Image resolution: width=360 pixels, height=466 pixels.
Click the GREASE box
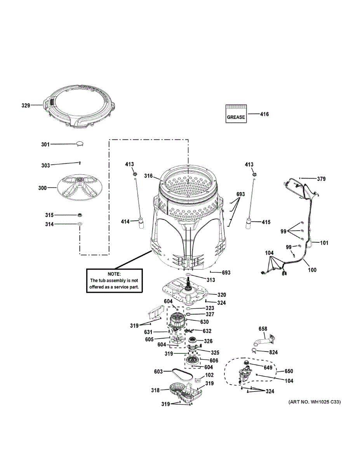point(236,114)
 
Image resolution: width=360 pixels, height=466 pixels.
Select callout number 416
point(264,114)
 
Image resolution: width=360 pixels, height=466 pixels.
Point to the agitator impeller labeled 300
point(80,188)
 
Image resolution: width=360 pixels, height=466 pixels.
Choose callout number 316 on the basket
point(149,176)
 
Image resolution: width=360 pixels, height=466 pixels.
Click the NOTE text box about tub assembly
point(114,280)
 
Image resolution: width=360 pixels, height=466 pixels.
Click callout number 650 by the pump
point(289,371)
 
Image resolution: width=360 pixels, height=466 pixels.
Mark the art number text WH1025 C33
point(315,402)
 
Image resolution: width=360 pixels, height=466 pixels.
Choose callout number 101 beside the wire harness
point(324,243)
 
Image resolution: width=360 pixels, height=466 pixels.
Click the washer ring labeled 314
point(80,224)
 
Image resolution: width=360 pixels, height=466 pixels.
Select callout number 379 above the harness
point(321,179)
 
